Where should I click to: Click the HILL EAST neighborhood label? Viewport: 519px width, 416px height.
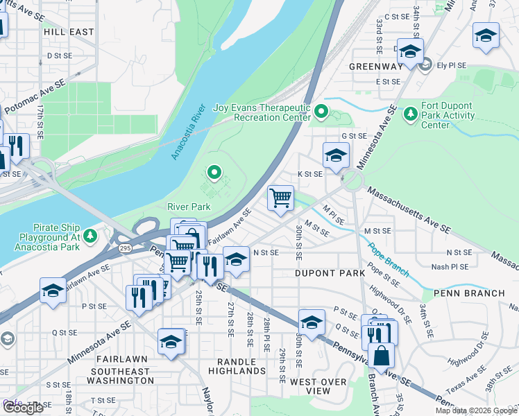point(68,32)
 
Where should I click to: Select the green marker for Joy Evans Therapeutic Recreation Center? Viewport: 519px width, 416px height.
point(321,111)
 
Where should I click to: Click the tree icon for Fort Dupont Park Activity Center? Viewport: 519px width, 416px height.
point(411,112)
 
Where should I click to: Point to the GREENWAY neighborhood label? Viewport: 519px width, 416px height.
point(375,67)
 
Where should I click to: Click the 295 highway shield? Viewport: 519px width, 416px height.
point(125,248)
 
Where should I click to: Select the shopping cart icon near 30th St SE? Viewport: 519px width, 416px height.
point(280,198)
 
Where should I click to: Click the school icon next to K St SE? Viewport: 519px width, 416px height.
point(336,155)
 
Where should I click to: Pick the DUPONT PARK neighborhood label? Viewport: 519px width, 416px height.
point(330,274)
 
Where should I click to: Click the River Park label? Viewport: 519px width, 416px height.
point(189,207)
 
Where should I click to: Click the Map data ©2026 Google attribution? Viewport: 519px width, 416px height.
point(475,410)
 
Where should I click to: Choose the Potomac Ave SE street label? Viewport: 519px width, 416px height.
point(35,96)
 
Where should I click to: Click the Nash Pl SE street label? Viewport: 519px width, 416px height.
point(450,266)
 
